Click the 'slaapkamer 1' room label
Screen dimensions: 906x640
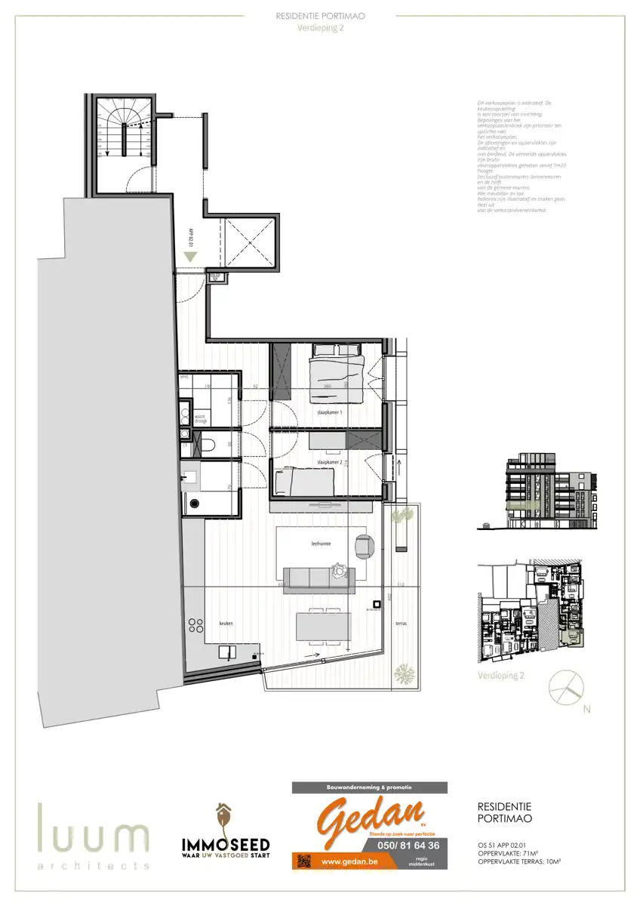coord(329,413)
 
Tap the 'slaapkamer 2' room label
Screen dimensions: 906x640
coord(329,461)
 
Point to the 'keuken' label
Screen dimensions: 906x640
coord(226,624)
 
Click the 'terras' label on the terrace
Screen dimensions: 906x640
coord(400,624)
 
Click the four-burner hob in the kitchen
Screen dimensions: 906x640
coord(196,624)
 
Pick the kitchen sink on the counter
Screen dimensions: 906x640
coord(226,652)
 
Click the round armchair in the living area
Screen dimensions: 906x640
coord(365,545)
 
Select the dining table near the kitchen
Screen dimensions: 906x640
coord(324,626)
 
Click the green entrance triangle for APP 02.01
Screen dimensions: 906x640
coord(191,257)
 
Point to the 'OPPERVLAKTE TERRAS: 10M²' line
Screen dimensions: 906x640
coord(524,861)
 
